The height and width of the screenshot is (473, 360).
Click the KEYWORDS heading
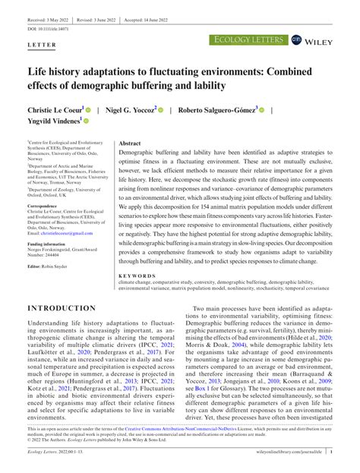(137, 254)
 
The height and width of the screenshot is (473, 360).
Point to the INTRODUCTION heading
(67, 287)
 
